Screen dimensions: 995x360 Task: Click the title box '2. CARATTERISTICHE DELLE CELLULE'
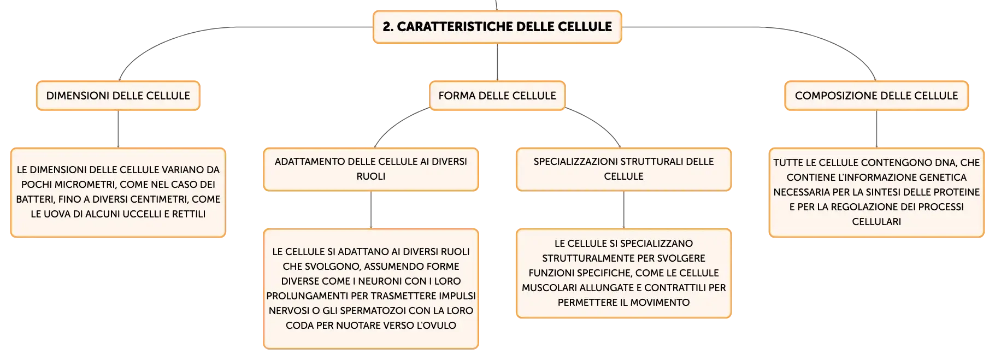tap(497, 27)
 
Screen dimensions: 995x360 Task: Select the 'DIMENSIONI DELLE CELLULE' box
tap(118, 96)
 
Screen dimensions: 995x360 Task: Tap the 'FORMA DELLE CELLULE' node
tap(497, 96)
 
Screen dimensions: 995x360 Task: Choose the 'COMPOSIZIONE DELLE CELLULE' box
tap(876, 96)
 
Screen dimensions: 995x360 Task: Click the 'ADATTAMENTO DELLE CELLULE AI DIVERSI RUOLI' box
tap(371, 169)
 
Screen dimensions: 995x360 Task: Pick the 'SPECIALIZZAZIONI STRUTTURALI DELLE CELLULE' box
tap(623, 169)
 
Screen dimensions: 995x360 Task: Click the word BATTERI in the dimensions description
tap(34, 199)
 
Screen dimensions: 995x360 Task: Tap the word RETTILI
tap(189, 214)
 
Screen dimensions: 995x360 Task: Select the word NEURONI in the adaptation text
tap(378, 281)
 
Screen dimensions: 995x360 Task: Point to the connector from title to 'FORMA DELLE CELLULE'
tap(497, 62)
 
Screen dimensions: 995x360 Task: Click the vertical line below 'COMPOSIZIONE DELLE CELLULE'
tap(876, 129)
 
